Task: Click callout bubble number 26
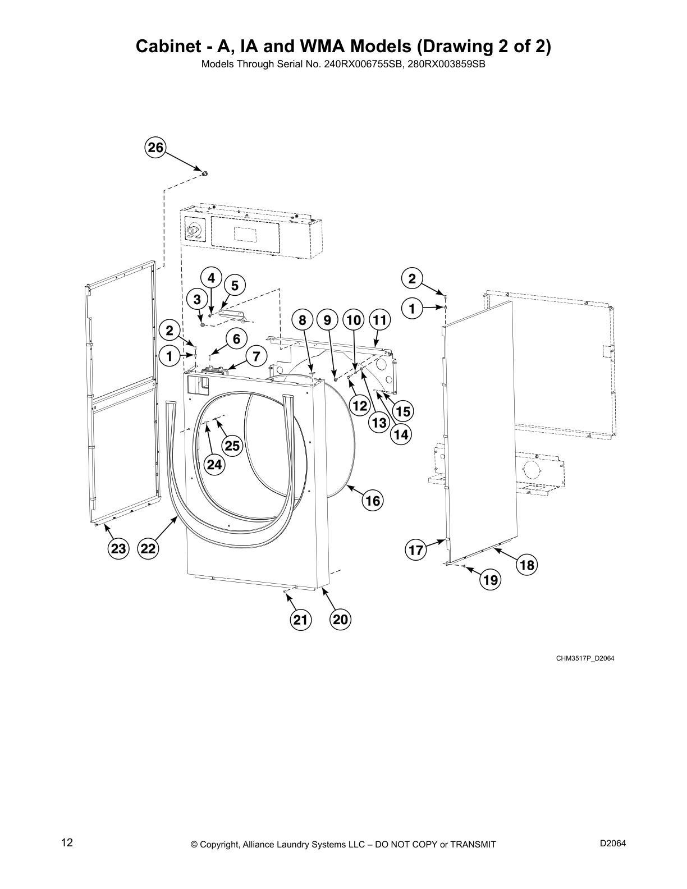tap(155, 148)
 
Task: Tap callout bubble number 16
tap(373, 500)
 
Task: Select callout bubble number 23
tap(118, 548)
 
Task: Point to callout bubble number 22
tap(148, 548)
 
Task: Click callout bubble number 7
tap(256, 356)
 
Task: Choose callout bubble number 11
tap(380, 320)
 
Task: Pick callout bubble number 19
tap(491, 580)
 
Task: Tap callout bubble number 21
tap(301, 620)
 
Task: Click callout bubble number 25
tap(232, 446)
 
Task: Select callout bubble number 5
tap(235, 286)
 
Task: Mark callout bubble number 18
tap(527, 565)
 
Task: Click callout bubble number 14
tap(401, 434)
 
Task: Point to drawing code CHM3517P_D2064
tap(585, 658)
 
